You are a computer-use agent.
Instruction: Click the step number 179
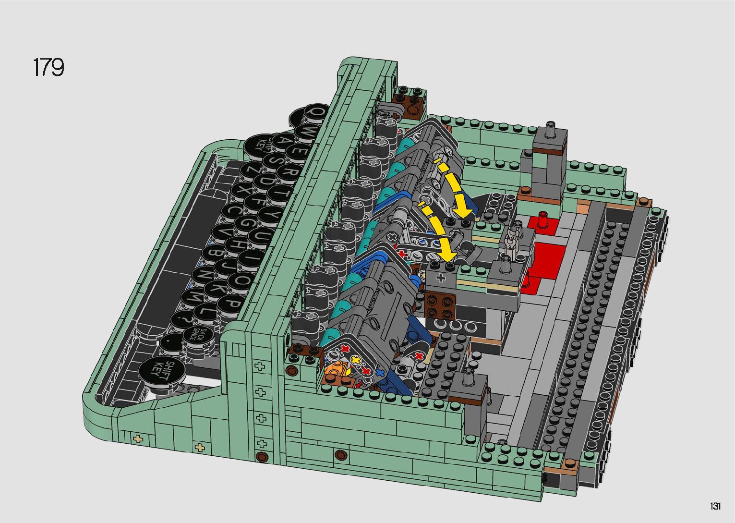tap(48, 67)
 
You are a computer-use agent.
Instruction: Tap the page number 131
tap(715, 506)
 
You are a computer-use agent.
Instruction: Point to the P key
tap(232, 304)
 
